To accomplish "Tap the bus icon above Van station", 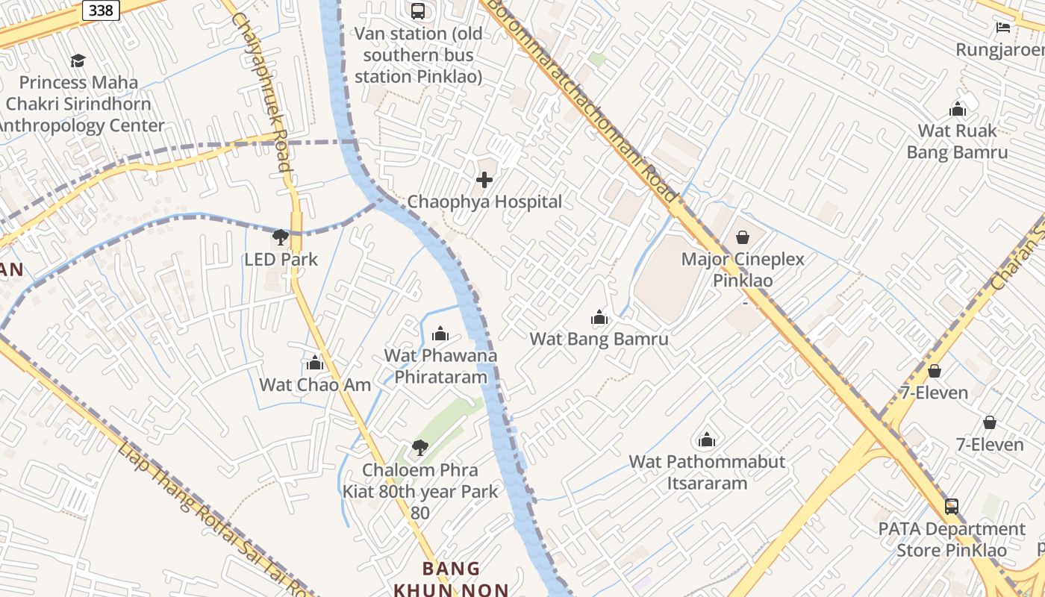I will pos(417,10).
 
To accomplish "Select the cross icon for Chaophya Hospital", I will pos(484,180).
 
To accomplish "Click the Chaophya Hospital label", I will pos(484,201).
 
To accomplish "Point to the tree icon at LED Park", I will pos(281,238).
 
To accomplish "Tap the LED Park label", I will pos(281,260).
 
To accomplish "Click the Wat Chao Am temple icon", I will pos(315,363).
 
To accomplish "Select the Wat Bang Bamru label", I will pos(599,339).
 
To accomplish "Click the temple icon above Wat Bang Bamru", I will pos(599,318).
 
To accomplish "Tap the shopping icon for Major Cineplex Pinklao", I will pos(743,237).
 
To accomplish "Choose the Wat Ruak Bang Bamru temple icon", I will pos(957,109).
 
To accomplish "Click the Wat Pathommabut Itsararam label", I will pos(707,472).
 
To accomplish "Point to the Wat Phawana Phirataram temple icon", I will pos(440,333).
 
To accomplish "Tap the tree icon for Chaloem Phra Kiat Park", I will pos(419,448).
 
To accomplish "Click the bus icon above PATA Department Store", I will pos(951,506).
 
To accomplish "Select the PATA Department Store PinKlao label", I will pos(951,540).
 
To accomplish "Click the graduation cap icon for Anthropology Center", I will pos(78,60).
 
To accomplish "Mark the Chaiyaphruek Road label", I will pos(261,90).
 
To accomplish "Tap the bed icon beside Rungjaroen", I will pos(1003,28).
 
